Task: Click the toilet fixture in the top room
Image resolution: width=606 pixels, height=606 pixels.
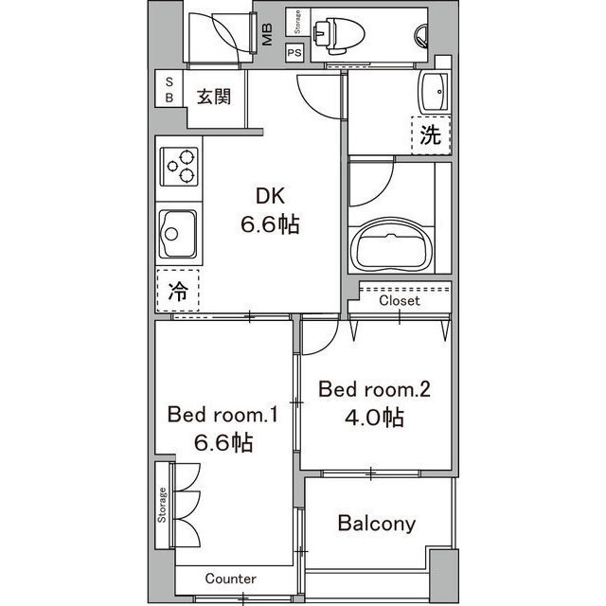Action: click(x=339, y=35)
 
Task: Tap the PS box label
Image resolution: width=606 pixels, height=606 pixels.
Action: click(x=294, y=53)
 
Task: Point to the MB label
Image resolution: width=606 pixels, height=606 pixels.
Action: click(x=267, y=34)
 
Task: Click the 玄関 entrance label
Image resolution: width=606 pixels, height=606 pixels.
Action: click(x=214, y=97)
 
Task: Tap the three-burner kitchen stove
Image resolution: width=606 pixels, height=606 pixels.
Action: click(x=179, y=167)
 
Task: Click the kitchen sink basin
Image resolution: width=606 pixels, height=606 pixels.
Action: click(x=178, y=234)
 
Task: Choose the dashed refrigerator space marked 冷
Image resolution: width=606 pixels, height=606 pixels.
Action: click(x=178, y=291)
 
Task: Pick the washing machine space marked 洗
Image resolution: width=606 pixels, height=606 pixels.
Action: click(x=431, y=134)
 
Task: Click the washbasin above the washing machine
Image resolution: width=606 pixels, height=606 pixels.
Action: click(x=435, y=92)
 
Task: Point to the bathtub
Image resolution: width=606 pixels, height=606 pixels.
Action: click(x=391, y=246)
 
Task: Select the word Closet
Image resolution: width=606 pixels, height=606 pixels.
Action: click(x=400, y=300)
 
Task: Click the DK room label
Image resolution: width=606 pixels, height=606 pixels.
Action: click(x=270, y=196)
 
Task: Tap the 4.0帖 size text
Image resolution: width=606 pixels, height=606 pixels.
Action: click(x=374, y=418)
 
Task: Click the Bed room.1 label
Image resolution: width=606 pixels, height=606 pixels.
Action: click(x=223, y=415)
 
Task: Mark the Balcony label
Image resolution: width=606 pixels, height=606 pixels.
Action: click(x=377, y=524)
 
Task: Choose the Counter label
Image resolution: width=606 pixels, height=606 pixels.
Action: click(x=230, y=579)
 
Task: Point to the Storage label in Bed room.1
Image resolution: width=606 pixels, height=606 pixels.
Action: click(x=162, y=505)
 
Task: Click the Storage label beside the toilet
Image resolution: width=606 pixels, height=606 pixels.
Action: click(x=297, y=22)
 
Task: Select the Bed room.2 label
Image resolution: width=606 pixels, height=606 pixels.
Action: click(x=374, y=389)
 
